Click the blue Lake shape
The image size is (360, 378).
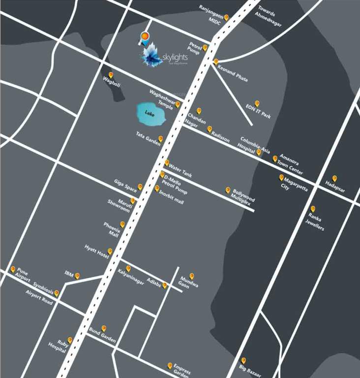tap(150, 114)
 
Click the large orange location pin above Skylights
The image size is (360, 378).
tap(144, 37)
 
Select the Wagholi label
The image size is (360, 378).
tap(112, 82)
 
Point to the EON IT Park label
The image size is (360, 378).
tap(259, 112)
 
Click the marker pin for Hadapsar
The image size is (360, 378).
tap(334, 178)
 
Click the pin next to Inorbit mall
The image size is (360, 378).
tap(157, 188)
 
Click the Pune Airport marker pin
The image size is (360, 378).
tap(13, 269)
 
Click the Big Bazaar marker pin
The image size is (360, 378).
tap(243, 360)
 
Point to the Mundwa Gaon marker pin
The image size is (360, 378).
tap(192, 276)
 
